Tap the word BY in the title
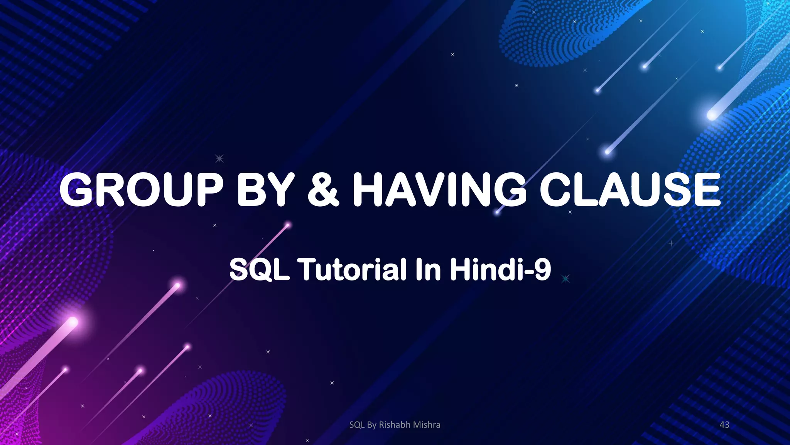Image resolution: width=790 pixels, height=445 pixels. [266, 190]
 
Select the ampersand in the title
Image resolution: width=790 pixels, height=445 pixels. [323, 190]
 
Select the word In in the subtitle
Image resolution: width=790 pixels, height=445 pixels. [428, 270]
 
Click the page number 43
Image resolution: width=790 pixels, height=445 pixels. [724, 425]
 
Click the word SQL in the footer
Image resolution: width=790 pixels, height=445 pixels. [357, 425]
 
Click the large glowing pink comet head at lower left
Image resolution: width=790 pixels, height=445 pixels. [73, 321]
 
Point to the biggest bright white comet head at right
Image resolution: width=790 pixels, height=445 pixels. [711, 115]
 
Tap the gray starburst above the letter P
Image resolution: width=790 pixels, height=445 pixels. [219, 158]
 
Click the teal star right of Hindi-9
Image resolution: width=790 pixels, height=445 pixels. [565, 279]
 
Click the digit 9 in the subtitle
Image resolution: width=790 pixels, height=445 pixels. [543, 270]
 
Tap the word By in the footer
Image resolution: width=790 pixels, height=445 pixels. [372, 425]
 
